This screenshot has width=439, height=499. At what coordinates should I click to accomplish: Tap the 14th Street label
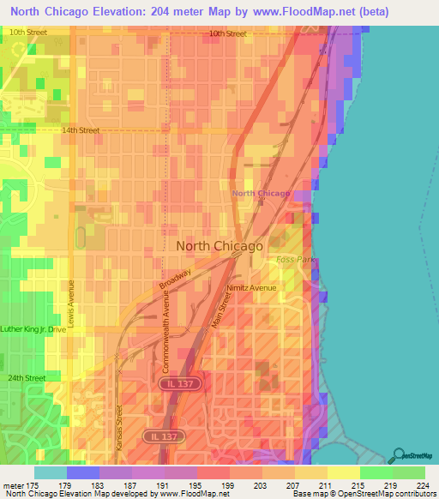81,131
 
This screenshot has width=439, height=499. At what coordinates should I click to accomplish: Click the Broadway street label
176,279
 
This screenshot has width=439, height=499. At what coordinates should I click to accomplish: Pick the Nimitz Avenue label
251,288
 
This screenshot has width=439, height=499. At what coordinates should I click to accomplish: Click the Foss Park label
290,259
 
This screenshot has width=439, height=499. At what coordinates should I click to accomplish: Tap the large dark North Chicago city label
219,246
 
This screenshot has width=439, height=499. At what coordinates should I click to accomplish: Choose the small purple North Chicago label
262,194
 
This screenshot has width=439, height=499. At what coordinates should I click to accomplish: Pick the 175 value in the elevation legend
34,486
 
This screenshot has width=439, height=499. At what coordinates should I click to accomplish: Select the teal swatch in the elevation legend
50,472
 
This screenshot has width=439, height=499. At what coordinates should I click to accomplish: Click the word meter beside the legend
14,486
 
